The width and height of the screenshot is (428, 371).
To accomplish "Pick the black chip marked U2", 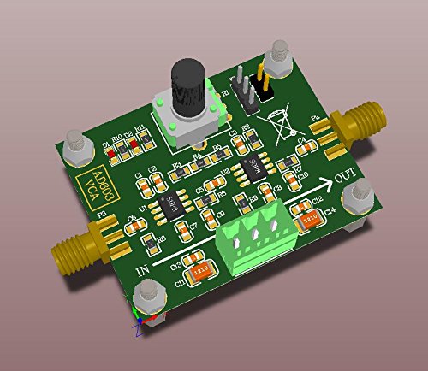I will point(253,166).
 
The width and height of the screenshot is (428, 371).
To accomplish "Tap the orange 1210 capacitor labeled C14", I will point(308,220).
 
